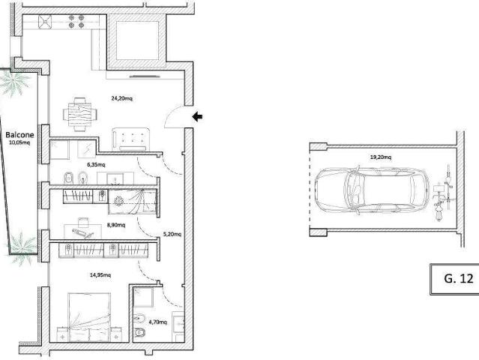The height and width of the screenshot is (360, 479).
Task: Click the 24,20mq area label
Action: [x=122, y=98]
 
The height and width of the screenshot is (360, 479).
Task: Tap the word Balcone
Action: [x=19, y=135]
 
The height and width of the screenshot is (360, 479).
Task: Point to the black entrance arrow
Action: [x=197, y=116]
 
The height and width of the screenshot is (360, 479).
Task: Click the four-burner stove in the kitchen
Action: [x=76, y=22]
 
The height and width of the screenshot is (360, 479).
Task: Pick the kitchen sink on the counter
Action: [x=45, y=22]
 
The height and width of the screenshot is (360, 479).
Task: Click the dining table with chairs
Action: [x=80, y=114]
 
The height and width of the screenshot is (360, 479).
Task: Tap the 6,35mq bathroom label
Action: [x=96, y=165]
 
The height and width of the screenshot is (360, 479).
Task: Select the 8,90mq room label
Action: [x=116, y=225]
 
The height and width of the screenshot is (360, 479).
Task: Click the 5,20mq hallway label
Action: [x=172, y=235]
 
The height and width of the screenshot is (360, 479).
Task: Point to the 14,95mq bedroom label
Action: [x=100, y=275]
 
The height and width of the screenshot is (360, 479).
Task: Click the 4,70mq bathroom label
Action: [x=158, y=322]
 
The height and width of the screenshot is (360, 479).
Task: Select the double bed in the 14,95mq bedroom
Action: [x=89, y=317]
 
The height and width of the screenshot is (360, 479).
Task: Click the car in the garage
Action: [x=372, y=190]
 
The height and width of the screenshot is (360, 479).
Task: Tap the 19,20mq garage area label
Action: [x=381, y=157]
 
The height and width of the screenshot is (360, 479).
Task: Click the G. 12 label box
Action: [x=454, y=279]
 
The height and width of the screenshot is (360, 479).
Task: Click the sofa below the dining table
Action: [x=130, y=139]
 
